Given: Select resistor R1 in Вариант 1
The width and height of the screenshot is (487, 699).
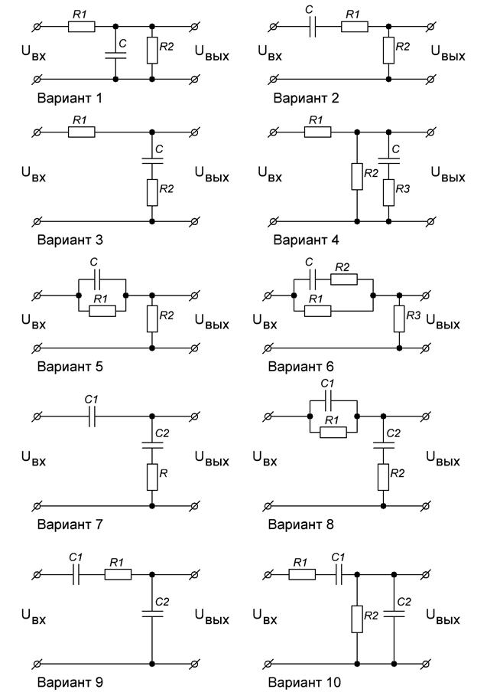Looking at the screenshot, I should pos(81,26).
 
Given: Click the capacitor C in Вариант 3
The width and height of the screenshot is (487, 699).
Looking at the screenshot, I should pos(152,161).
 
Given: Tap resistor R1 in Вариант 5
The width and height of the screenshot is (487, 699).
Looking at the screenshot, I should pos(102,310).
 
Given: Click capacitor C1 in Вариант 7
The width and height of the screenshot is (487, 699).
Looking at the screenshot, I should pos(91,417).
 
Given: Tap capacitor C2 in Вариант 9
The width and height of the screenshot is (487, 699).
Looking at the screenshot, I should pos(152,612).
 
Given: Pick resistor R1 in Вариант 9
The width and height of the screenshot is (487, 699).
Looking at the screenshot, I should pos(117,574).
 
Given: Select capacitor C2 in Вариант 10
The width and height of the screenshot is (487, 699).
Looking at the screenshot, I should pos(394,612).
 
